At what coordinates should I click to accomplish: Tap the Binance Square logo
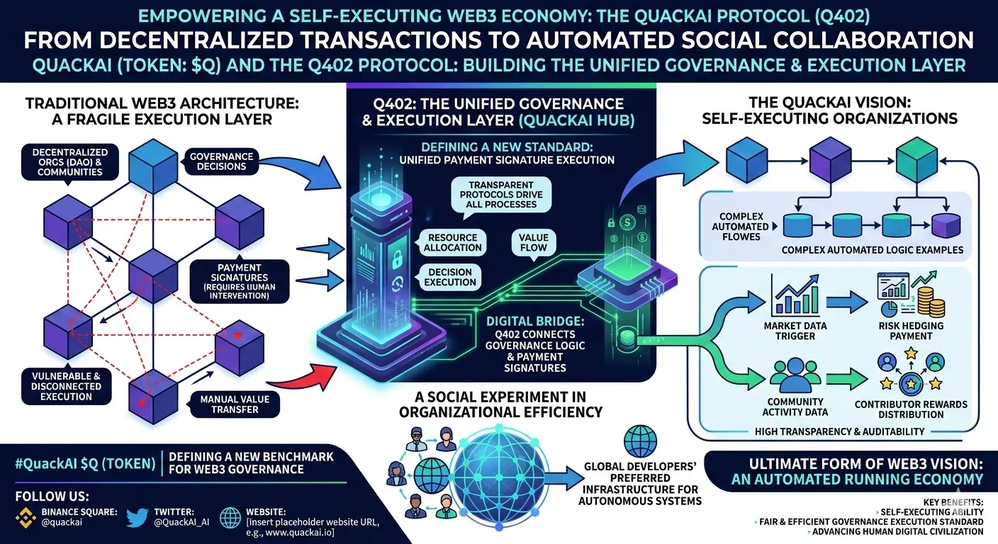(x=26, y=518)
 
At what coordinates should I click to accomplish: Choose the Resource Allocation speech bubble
(x=452, y=242)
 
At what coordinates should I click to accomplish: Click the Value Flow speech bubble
(x=534, y=242)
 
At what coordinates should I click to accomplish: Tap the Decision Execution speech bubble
(x=450, y=276)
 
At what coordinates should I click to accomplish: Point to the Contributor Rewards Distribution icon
(x=910, y=373)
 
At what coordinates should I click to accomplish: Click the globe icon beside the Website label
(x=231, y=518)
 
